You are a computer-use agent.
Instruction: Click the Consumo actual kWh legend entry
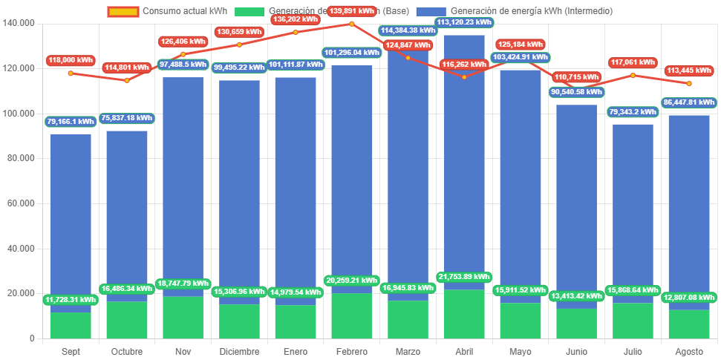tap(167, 11)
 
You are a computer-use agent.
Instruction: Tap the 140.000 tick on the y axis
tap(19, 23)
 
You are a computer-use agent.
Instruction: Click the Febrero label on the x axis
tap(351, 351)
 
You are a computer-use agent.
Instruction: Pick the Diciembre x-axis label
tap(239, 351)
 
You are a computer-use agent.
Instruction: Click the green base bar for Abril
tap(464, 315)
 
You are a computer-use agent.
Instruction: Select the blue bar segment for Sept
tap(71, 215)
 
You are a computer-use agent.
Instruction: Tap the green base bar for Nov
tap(183, 319)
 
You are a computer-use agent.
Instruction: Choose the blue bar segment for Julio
tap(633, 208)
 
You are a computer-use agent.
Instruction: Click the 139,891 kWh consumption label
tap(351, 11)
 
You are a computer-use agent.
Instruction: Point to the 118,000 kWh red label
tap(71, 60)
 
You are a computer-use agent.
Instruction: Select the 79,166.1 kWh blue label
tap(71, 121)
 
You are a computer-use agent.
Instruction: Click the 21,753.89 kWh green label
tap(464, 277)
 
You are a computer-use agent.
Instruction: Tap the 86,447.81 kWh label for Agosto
tap(688, 102)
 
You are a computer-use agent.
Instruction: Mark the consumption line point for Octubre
tap(126, 80)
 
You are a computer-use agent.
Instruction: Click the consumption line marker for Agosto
tap(689, 83)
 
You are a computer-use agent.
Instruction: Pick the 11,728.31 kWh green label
tap(71, 299)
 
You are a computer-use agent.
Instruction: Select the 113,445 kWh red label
tap(688, 71)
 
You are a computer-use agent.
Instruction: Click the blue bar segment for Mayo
tap(521, 186)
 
